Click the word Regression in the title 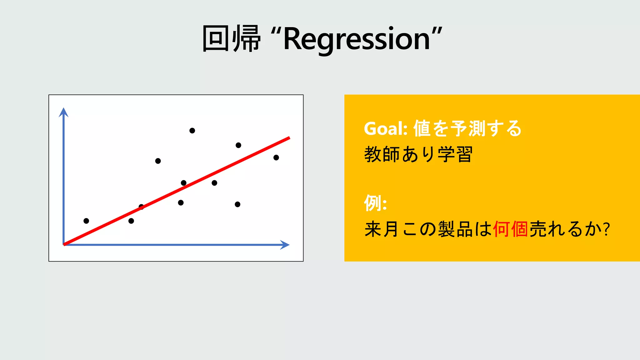(x=356, y=39)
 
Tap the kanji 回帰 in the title (x=232, y=39)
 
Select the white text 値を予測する (x=467, y=128)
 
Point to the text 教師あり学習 (x=418, y=154)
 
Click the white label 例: (x=375, y=203)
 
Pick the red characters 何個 (x=510, y=229)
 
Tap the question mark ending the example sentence (x=607, y=229)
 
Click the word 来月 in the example (x=382, y=229)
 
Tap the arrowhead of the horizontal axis (x=285, y=245)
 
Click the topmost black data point (x=192, y=131)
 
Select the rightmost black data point (x=276, y=157)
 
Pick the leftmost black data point (x=86, y=221)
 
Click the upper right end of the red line (x=289, y=138)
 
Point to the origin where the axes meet (x=64, y=245)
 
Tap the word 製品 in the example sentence (x=455, y=229)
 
